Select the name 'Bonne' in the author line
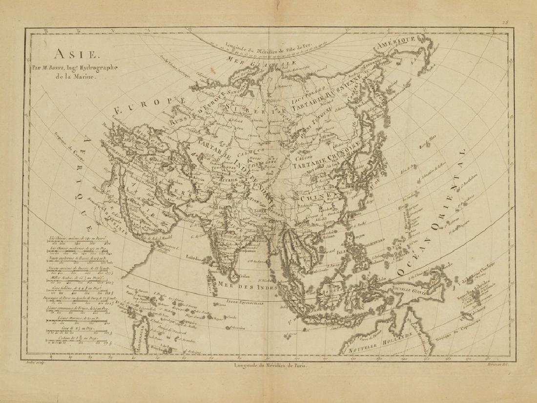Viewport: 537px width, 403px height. pyautogui.click(x=74, y=68)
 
